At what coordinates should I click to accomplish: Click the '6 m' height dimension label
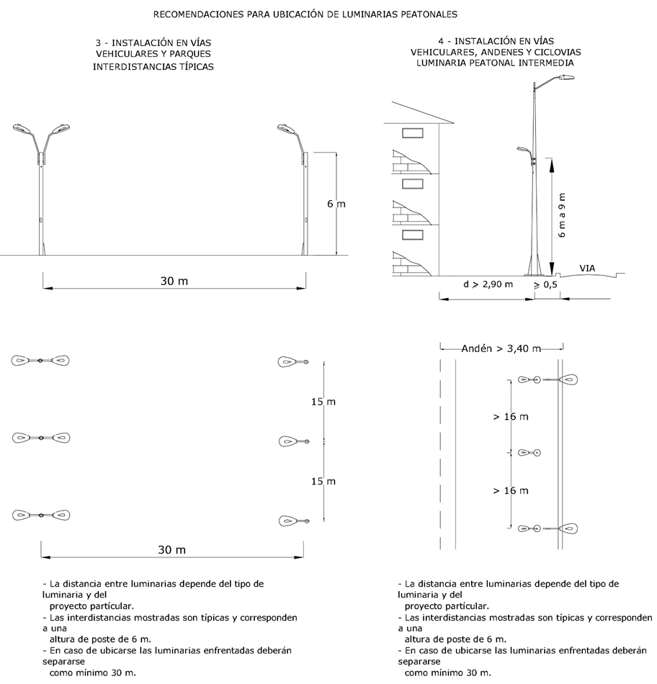click(336, 204)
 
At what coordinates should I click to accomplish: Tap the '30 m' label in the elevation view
click(174, 281)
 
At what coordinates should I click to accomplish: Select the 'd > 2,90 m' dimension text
click(488, 284)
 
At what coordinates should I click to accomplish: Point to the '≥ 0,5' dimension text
click(545, 284)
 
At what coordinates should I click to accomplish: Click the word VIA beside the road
click(588, 268)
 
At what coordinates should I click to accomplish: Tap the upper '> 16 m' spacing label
click(511, 417)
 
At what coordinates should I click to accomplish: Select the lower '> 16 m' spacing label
click(511, 491)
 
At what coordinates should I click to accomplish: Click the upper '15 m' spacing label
click(323, 402)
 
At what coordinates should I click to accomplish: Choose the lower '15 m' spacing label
click(323, 481)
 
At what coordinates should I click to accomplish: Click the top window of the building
click(414, 132)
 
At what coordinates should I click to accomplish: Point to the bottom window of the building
click(414, 234)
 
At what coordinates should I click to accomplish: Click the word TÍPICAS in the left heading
click(196, 66)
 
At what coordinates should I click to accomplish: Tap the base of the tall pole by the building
click(535, 271)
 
